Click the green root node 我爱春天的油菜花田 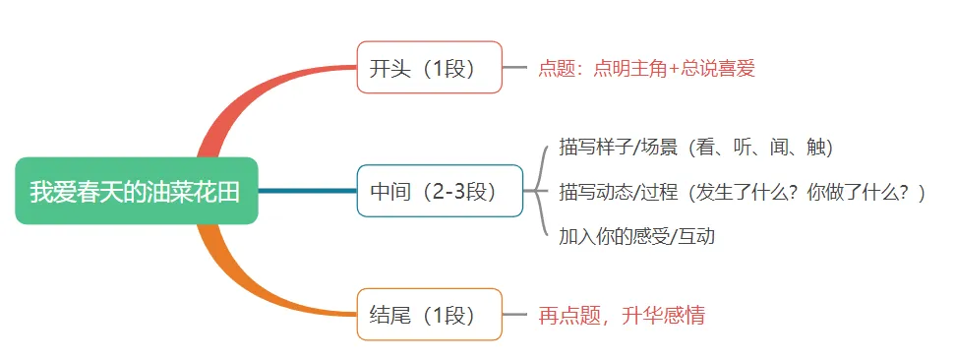(136, 191)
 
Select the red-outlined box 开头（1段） (429, 68)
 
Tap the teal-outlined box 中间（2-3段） (439, 191)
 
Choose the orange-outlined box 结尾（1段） (429, 315)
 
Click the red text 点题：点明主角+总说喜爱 (646, 69)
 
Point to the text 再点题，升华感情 (622, 316)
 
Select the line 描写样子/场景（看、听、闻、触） (696, 148)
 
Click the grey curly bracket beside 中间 (538, 191)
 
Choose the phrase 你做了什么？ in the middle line (854, 192)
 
